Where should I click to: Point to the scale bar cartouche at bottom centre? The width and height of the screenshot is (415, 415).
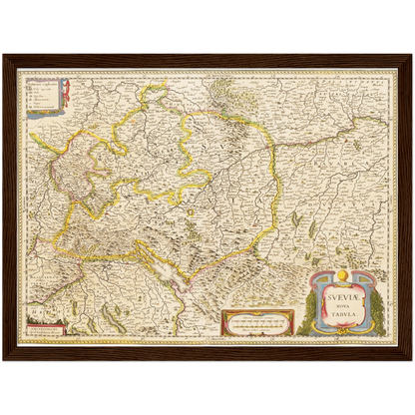257,322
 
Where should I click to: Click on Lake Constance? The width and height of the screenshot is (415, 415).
181,268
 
